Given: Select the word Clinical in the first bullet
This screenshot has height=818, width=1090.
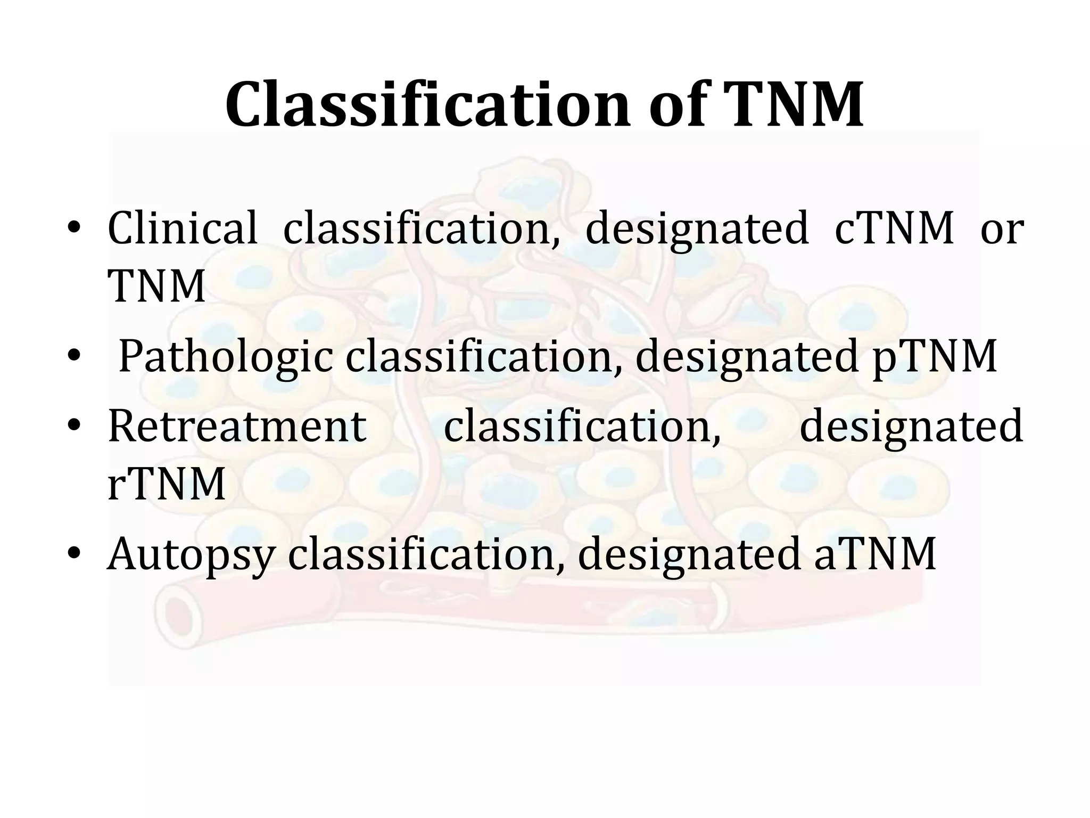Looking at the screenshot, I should (183, 229).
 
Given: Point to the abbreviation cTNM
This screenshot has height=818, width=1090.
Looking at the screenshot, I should (894, 229).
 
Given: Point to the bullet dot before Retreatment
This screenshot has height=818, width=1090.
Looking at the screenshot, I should (74, 427).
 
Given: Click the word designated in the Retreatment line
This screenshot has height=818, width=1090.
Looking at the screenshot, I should (911, 427).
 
